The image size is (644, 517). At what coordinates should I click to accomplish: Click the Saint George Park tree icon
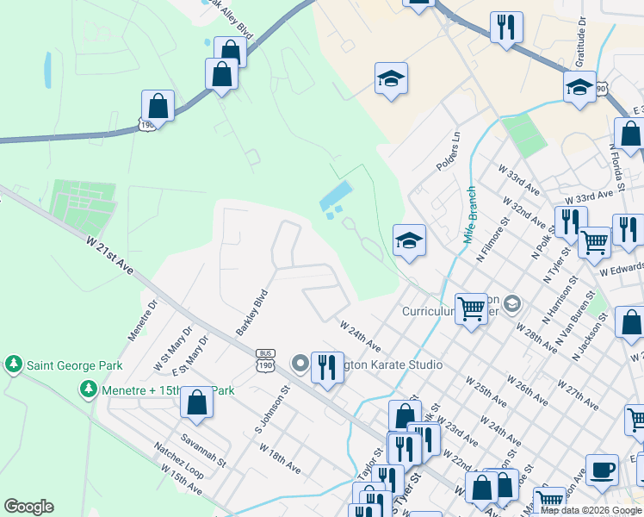14,365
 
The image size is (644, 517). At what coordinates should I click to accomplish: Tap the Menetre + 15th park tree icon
88,390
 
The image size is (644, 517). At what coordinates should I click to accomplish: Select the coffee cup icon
602,470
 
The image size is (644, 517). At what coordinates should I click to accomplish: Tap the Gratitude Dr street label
580,44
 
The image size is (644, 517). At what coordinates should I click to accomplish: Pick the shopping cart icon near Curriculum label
472,308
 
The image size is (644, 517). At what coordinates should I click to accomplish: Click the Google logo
28,507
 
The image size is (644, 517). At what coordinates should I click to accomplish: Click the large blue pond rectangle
335,197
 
